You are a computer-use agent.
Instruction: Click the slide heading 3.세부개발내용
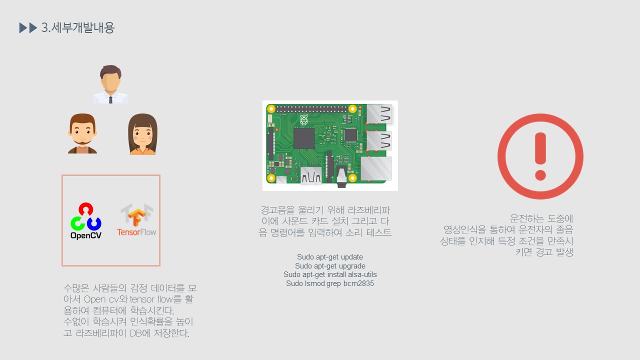click(x=78, y=28)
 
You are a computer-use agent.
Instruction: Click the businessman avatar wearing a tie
click(x=110, y=84)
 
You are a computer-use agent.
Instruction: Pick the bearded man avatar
click(x=82, y=133)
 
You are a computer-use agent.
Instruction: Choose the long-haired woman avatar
click(x=142, y=134)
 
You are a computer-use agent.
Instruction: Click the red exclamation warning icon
click(x=540, y=156)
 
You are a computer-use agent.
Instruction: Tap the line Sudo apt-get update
click(x=330, y=257)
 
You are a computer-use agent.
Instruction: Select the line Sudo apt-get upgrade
click(x=330, y=266)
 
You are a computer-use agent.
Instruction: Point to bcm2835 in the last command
click(x=358, y=283)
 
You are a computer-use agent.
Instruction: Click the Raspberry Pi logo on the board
click(x=303, y=120)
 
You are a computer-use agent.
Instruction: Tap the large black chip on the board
click(x=304, y=138)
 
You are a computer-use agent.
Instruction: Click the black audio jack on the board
click(x=342, y=178)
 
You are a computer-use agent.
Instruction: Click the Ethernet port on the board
click(x=376, y=168)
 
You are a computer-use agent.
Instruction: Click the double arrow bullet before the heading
click(x=28, y=28)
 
